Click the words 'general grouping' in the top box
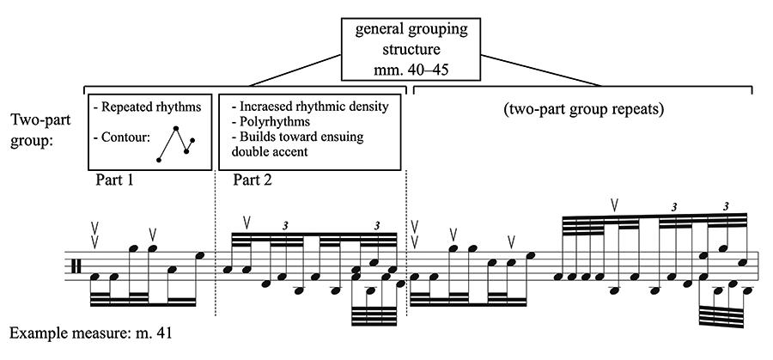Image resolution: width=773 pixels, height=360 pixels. pos(411,29)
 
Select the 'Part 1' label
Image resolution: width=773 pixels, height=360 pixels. pos(114,180)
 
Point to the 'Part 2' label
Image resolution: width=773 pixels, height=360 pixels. pos(253,180)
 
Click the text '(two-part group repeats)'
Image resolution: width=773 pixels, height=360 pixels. pos(583,109)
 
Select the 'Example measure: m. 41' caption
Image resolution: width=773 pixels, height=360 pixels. pos(90,333)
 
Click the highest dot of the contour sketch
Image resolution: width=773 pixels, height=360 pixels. pos(175,129)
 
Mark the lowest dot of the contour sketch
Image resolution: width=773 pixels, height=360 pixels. pos(159,160)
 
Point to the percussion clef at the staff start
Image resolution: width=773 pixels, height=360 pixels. pos(76,266)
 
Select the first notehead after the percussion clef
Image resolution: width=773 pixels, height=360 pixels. pos(95,277)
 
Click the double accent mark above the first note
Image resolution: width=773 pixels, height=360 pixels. pos(95,235)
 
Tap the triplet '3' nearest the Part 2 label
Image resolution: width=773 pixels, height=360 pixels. pos(285,226)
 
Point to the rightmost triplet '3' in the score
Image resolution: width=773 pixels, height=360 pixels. pos(726,207)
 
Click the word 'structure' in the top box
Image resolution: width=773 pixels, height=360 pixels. pos(411,50)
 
